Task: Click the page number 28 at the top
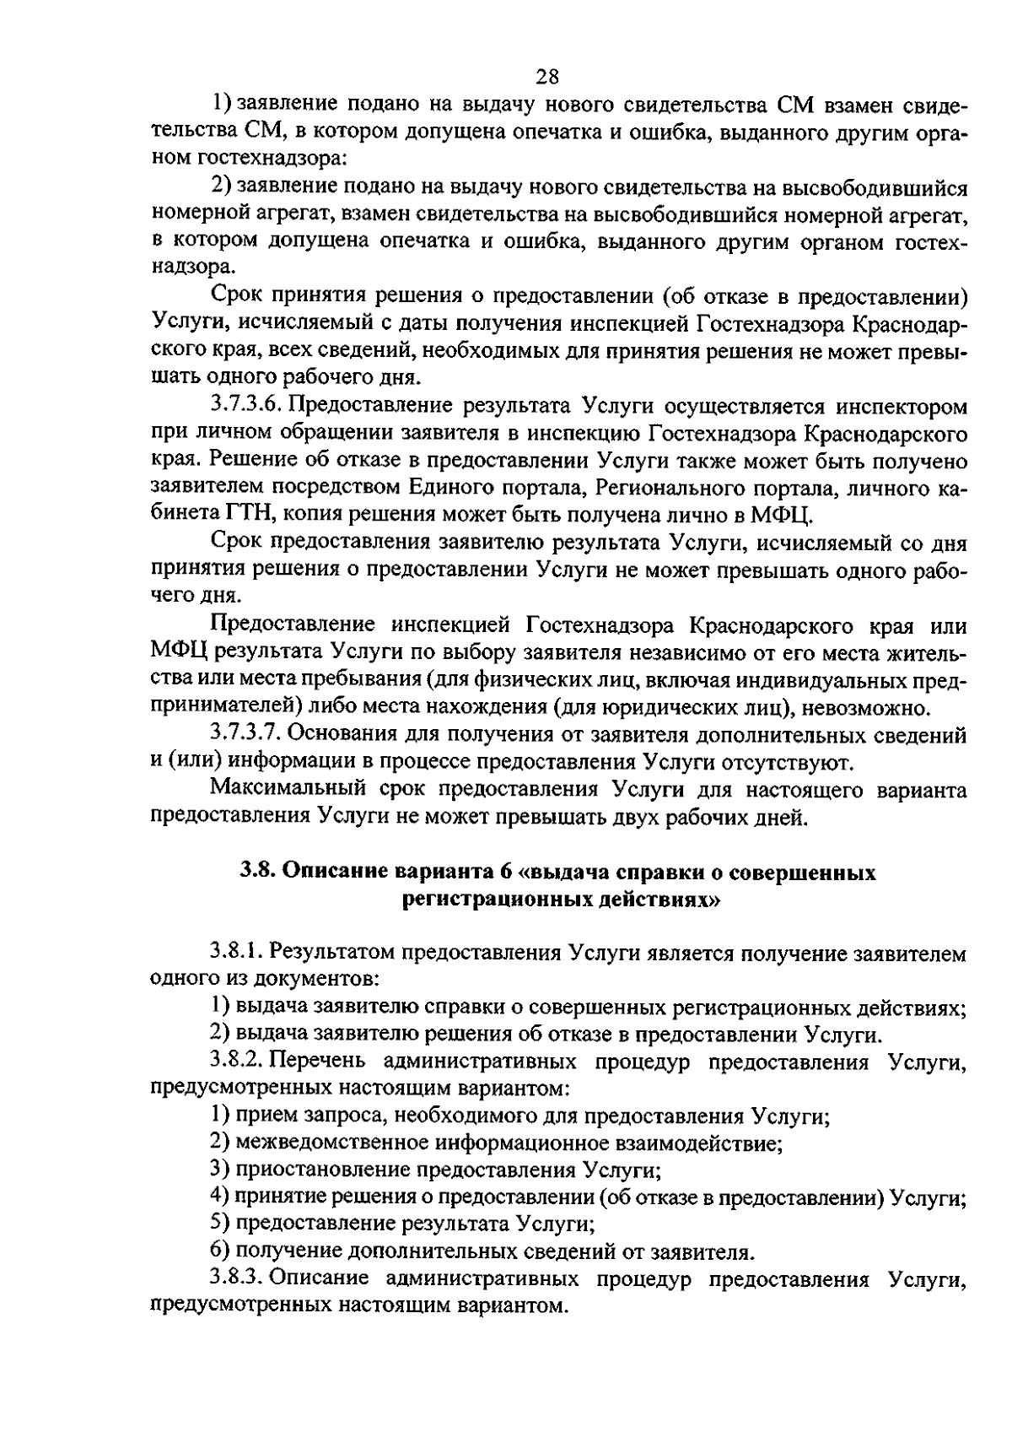[x=547, y=76]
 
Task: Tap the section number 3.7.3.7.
[x=246, y=736]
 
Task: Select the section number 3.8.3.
[x=239, y=1279]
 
